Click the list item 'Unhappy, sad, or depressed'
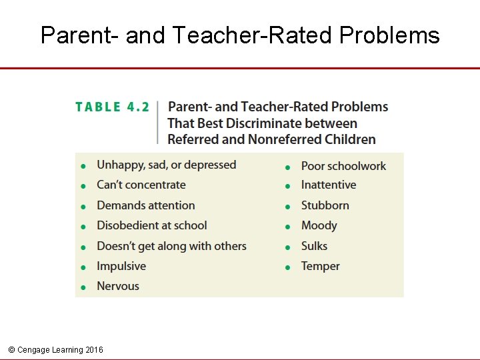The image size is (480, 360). (166, 165)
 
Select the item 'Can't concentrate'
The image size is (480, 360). (141, 185)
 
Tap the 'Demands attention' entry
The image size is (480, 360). (145, 205)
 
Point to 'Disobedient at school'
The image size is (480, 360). (151, 225)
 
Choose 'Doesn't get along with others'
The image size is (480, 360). (171, 246)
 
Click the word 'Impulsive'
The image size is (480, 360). (121, 266)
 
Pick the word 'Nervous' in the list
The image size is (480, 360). (117, 286)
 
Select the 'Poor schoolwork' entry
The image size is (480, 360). (343, 166)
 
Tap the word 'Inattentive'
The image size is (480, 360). (328, 185)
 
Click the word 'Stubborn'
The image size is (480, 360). (325, 205)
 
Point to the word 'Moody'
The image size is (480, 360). (319, 225)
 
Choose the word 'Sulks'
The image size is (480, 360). (314, 246)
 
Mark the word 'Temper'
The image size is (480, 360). (320, 266)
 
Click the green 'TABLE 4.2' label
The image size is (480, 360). (112, 107)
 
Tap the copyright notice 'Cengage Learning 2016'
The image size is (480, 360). (56, 350)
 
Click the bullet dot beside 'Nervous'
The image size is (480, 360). (83, 287)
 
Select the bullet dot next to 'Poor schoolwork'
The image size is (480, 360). (287, 167)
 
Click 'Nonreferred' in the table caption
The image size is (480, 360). (285, 139)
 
